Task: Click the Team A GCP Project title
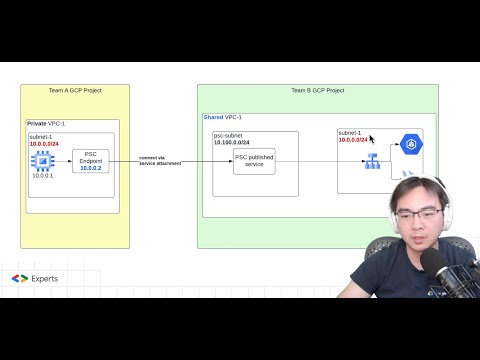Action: (x=75, y=91)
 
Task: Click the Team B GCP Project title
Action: (x=317, y=91)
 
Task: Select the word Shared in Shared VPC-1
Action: (x=214, y=117)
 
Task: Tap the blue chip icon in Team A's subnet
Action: (x=42, y=161)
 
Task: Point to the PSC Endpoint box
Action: (x=91, y=161)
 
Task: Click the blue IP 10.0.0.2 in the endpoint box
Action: (x=91, y=168)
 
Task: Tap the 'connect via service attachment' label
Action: (x=160, y=160)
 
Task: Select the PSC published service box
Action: (x=254, y=160)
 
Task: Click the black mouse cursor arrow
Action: (x=373, y=140)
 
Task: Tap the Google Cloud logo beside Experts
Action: (x=20, y=278)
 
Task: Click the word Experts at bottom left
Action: (x=44, y=278)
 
